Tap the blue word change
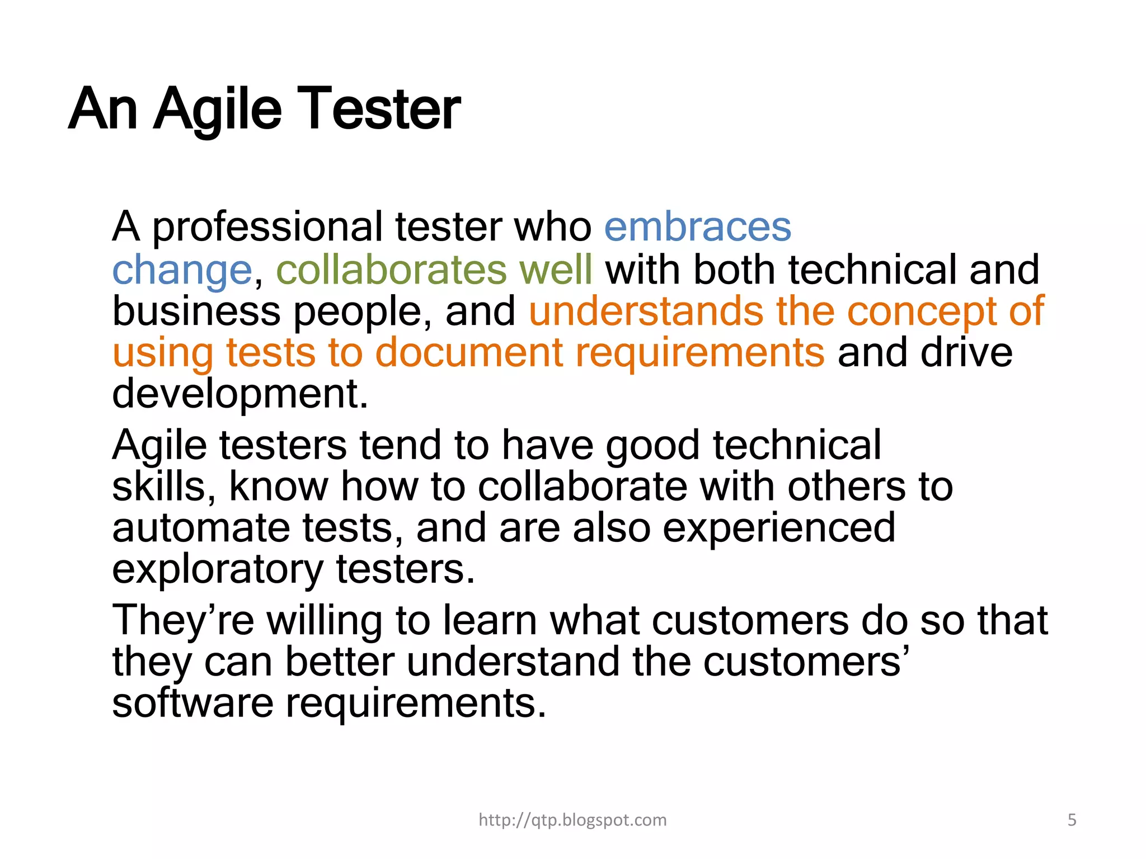182,271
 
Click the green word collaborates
391,270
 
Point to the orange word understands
645,311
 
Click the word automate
201,528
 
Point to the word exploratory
217,570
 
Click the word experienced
778,528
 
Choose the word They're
183,621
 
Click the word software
192,703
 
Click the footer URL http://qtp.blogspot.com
572,820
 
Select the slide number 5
1072,820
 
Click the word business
196,311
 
